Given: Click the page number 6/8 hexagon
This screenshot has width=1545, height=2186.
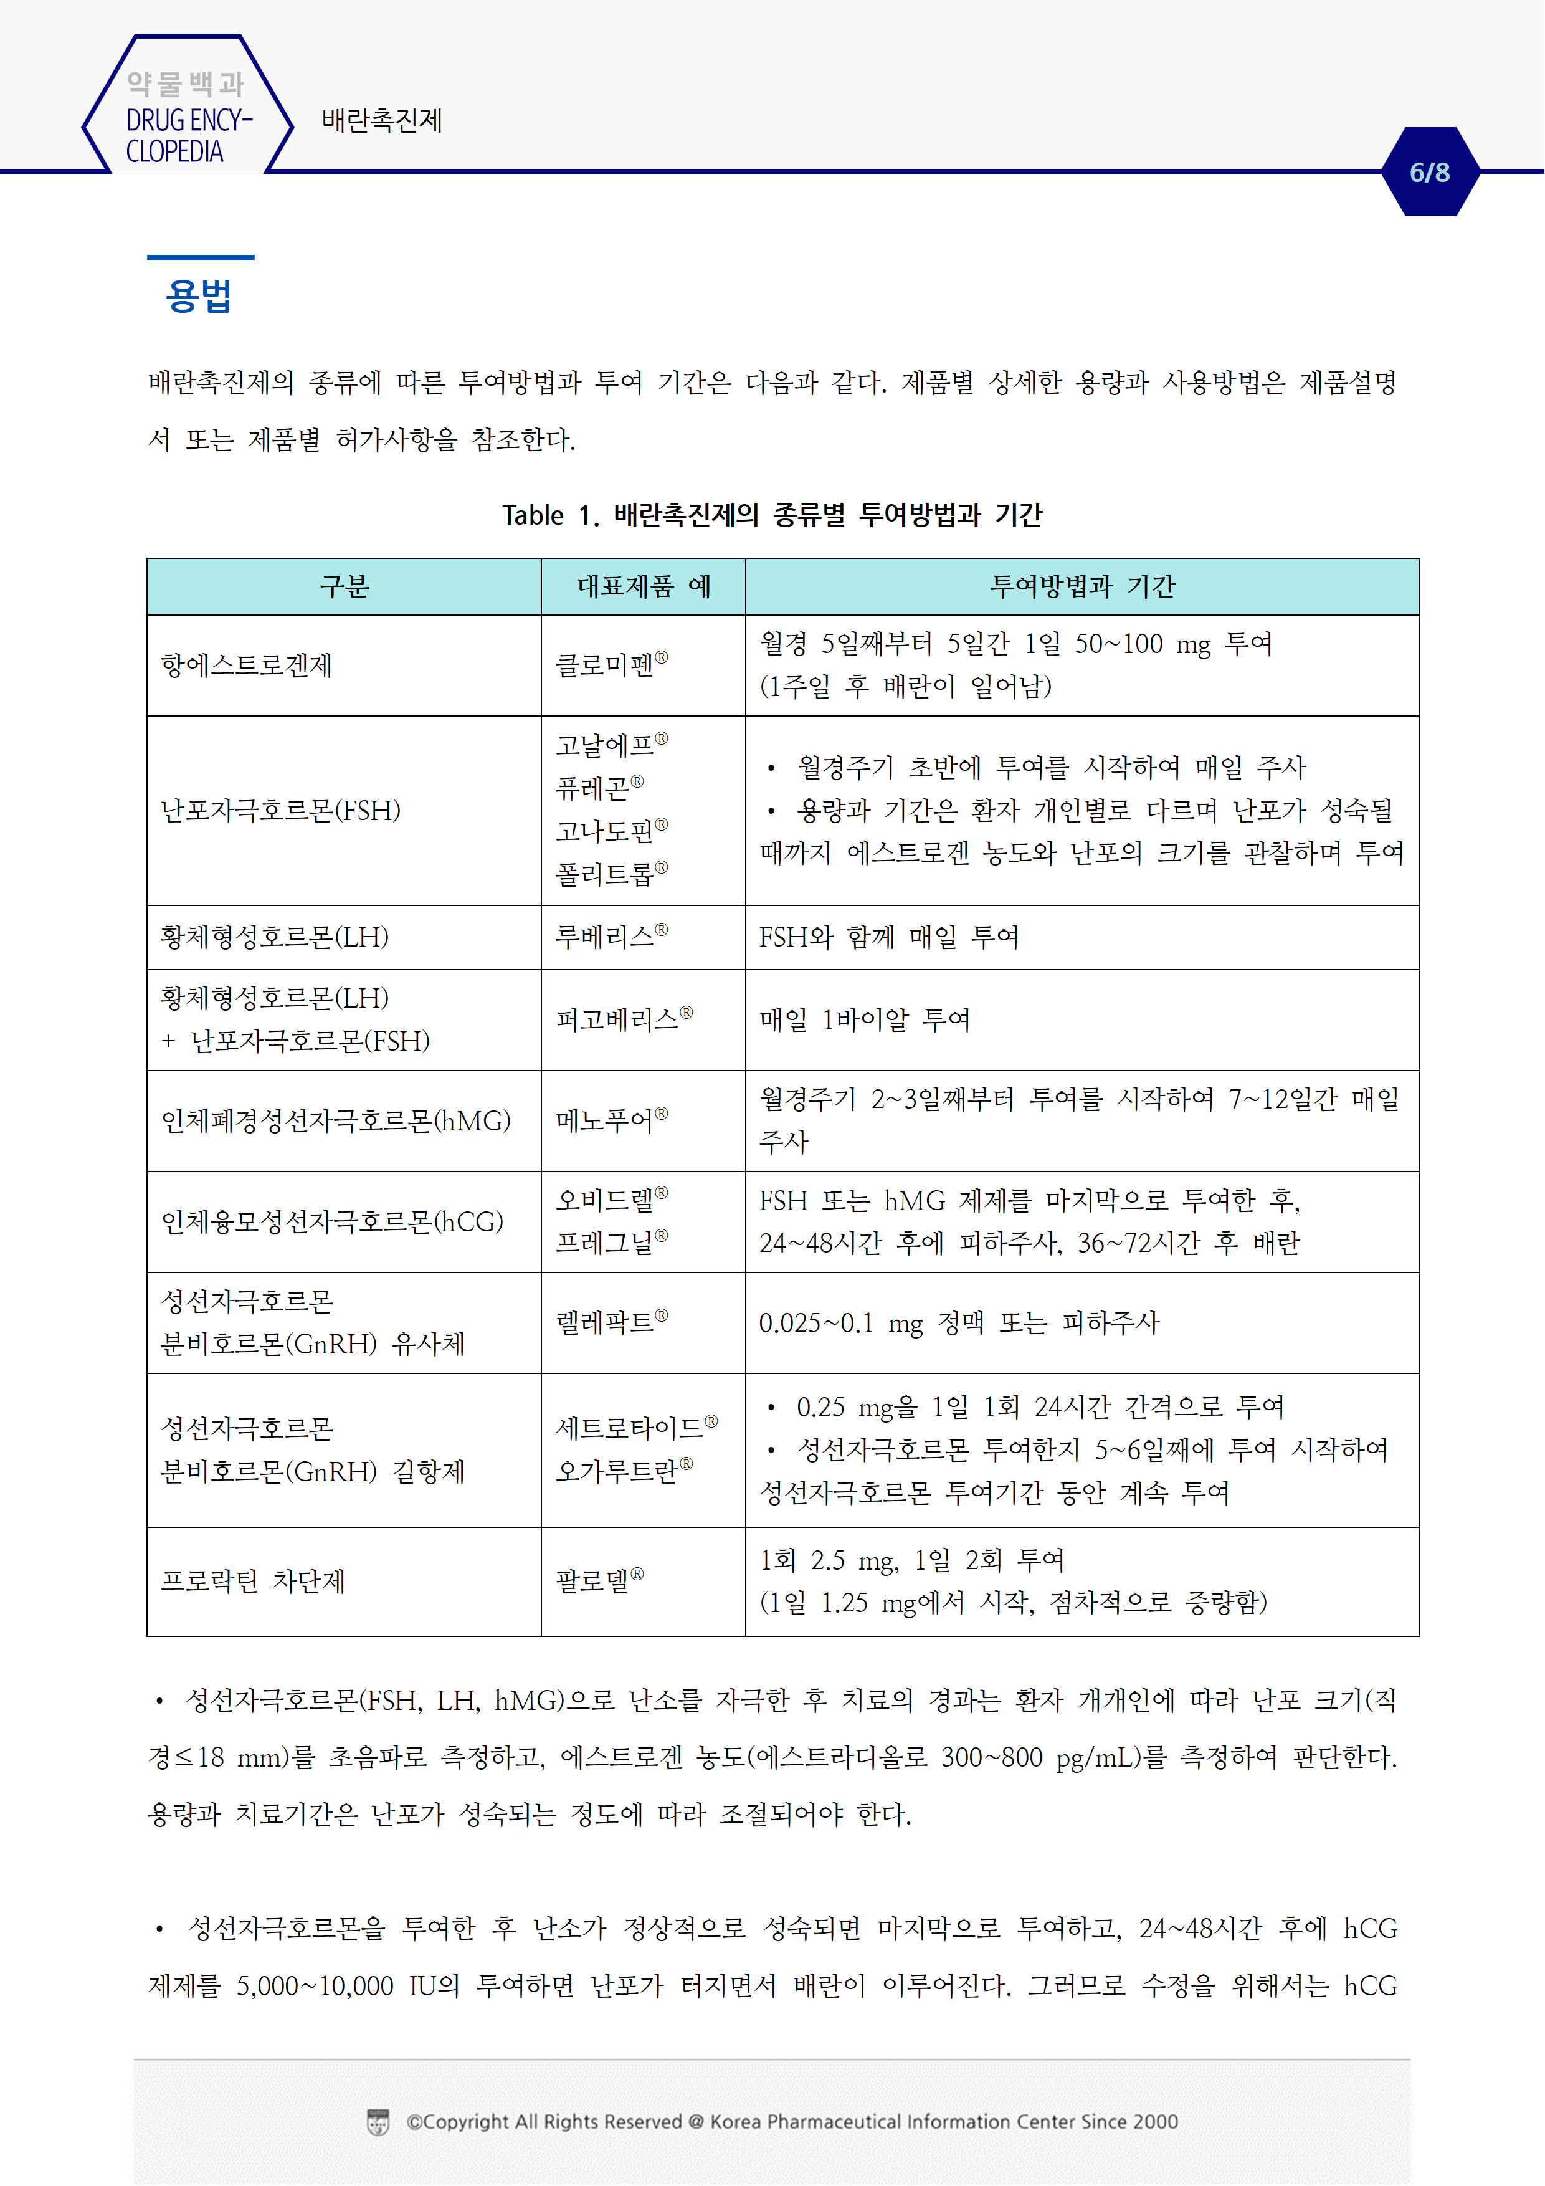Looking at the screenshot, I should (1429, 173).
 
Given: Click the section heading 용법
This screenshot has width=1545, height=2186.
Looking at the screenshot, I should (199, 296).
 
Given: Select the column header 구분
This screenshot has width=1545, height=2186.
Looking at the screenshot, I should (344, 586).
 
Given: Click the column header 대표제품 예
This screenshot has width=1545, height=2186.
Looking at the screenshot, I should (644, 586).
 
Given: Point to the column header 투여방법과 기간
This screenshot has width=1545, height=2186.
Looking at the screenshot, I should (1081, 586).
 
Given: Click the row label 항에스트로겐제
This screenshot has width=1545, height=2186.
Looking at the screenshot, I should (247, 666).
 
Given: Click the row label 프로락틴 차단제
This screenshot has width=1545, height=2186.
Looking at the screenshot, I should (253, 1582).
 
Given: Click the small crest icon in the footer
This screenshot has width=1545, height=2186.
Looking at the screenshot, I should (378, 2122).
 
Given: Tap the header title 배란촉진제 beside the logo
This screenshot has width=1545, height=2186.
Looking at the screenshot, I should (382, 121).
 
